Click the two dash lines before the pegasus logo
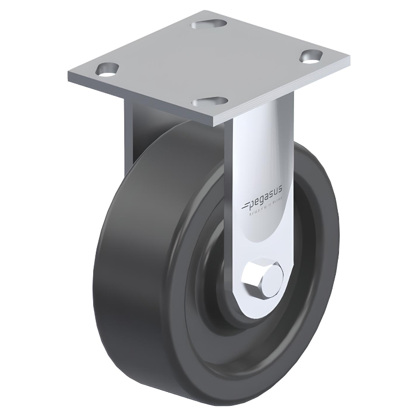pos(247,205)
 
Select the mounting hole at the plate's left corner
pos(107,69)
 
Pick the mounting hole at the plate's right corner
pos(310,56)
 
